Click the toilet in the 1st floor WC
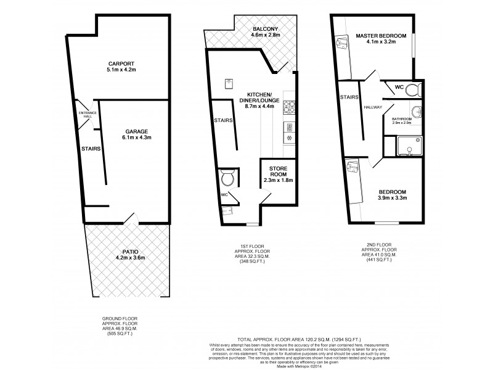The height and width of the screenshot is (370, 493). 227,179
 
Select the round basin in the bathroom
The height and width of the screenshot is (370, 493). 415,113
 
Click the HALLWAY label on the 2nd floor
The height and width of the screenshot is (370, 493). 373,107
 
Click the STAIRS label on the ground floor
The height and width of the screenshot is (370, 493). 91,148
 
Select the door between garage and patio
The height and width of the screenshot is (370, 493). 129,218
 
